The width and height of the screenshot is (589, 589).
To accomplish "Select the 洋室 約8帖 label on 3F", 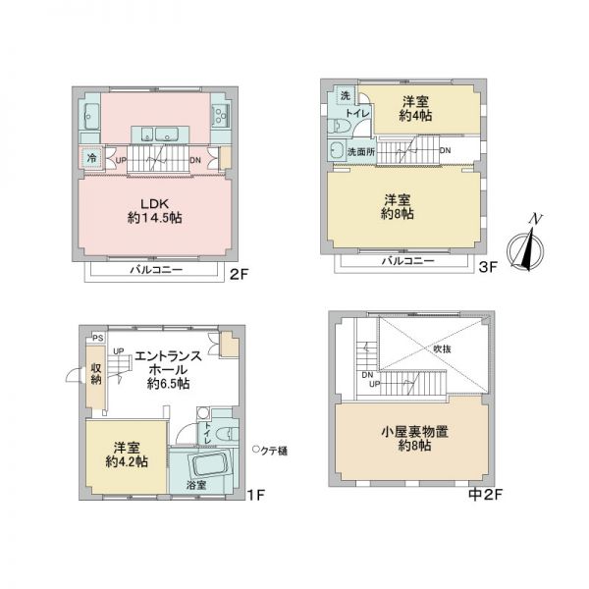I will click(x=400, y=206).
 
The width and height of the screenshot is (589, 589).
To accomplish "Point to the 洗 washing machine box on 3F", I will click(x=345, y=96).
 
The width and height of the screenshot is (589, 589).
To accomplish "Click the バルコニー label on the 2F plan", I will click(x=156, y=269).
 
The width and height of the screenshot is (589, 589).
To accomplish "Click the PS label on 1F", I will click(x=95, y=338).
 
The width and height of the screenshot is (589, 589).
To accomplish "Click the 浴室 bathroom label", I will click(x=196, y=485).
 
